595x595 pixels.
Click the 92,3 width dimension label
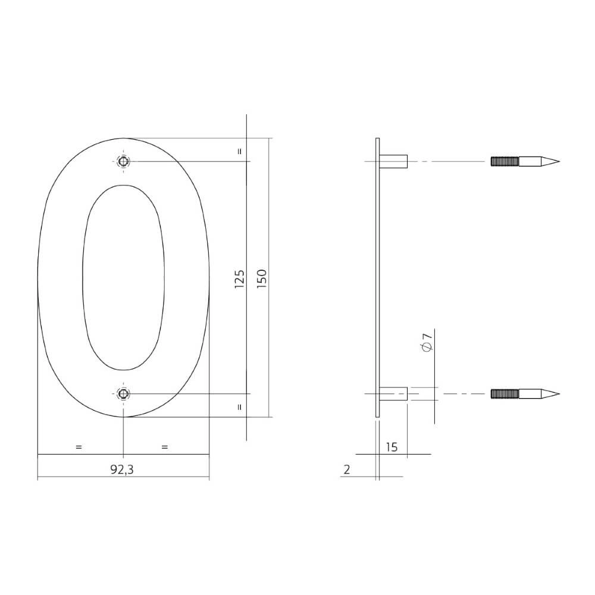click(122, 469)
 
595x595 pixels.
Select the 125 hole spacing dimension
click(240, 278)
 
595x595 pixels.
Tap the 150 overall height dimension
click(262, 278)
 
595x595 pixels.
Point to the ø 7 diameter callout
click(426, 343)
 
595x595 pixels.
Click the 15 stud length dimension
click(392, 447)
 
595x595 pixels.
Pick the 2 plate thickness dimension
click(347, 469)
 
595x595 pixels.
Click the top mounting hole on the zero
click(123, 161)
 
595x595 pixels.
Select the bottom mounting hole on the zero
click(123, 393)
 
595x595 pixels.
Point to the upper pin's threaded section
click(505, 161)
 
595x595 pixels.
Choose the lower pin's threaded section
click(505, 394)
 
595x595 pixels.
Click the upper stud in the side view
click(393, 161)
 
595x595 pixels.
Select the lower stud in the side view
click(393, 394)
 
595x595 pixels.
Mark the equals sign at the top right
click(240, 151)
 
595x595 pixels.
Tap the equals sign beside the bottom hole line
click(240, 408)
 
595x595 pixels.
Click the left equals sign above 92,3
click(79, 446)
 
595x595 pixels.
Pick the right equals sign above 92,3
click(165, 446)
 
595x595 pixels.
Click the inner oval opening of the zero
click(123, 277)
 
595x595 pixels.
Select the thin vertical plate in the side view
click(377, 277)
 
